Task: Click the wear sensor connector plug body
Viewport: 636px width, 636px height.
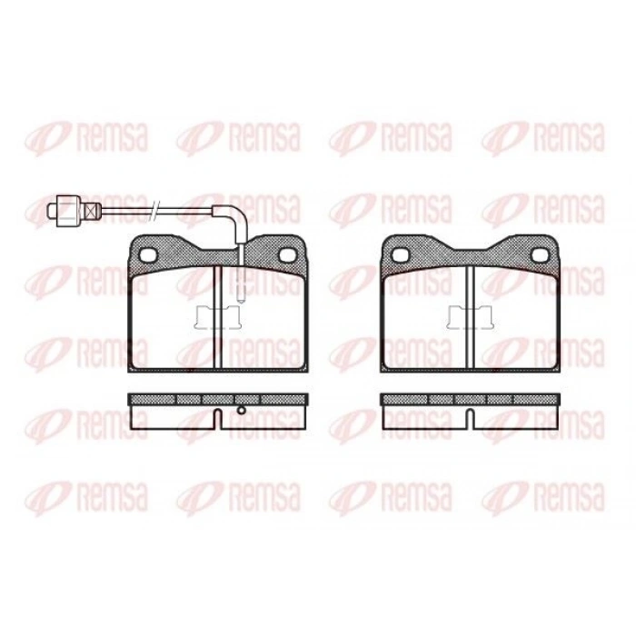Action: click(x=68, y=211)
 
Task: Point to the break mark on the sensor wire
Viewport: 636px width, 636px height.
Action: click(x=155, y=210)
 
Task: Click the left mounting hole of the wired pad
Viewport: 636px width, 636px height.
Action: click(x=147, y=255)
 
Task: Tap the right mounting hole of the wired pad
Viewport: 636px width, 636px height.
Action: click(x=288, y=254)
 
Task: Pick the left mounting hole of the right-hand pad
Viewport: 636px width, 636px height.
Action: click(x=400, y=254)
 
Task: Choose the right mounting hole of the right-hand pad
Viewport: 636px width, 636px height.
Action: click(x=541, y=254)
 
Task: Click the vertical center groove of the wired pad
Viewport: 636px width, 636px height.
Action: click(x=218, y=317)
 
